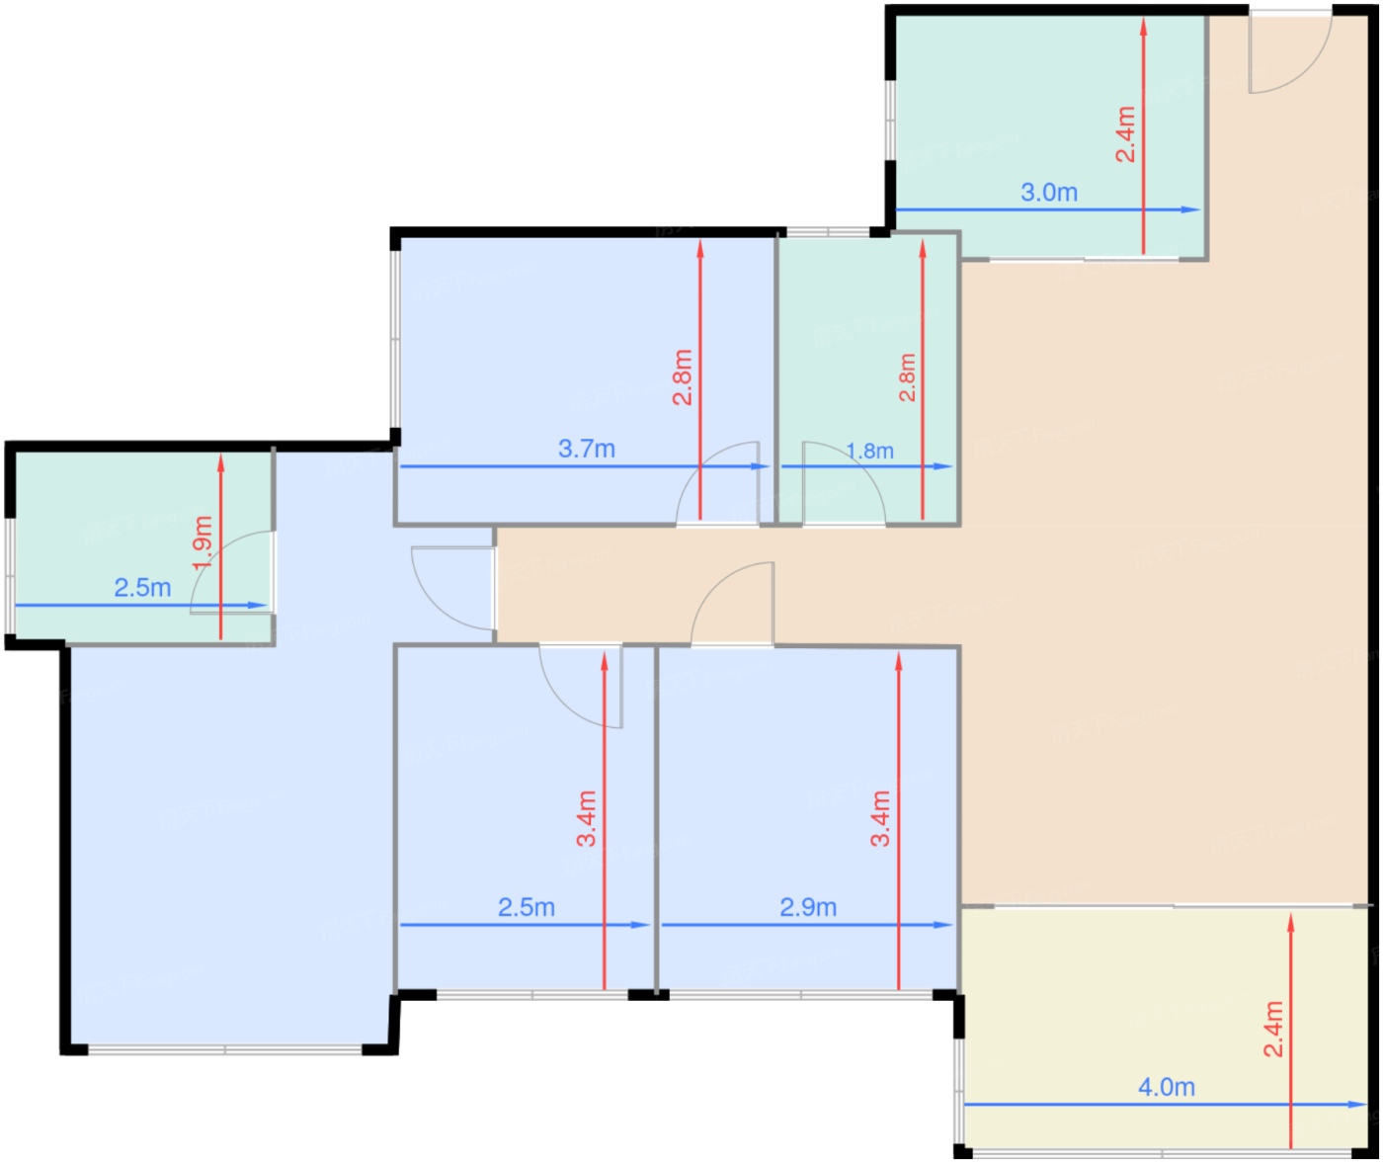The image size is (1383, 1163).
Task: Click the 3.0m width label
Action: tap(1049, 192)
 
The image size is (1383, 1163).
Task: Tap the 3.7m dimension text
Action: tap(587, 449)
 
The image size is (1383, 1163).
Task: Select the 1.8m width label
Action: tap(869, 452)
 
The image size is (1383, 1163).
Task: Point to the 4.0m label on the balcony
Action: tap(1167, 1087)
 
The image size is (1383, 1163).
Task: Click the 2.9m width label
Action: tap(808, 907)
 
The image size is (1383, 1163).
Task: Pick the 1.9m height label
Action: tap(203, 542)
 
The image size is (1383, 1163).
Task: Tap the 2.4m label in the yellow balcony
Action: tap(1273, 1030)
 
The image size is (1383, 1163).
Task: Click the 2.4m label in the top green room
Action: tap(1125, 134)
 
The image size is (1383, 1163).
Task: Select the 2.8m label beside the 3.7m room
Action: tap(683, 377)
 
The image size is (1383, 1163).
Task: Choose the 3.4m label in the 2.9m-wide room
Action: tap(880, 818)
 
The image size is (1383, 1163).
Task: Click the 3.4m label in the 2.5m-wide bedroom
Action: tap(586, 818)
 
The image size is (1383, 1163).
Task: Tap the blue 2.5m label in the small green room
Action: tap(142, 588)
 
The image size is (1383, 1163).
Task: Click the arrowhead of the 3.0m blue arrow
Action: tap(1191, 210)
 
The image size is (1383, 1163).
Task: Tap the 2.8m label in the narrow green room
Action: tap(907, 377)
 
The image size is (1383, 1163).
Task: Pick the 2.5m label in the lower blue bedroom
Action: tap(526, 907)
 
